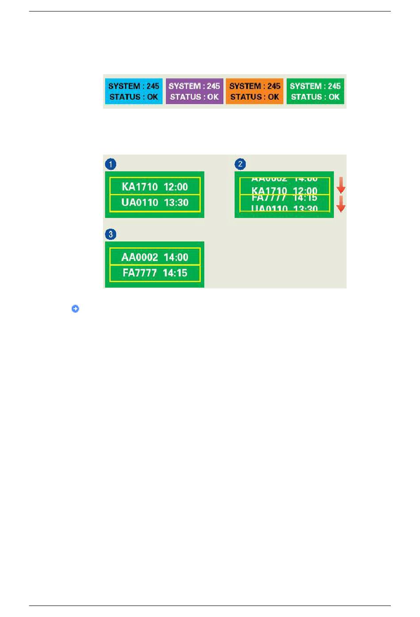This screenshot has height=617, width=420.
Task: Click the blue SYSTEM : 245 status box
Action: click(x=134, y=91)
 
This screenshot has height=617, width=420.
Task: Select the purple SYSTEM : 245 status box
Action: click(x=194, y=91)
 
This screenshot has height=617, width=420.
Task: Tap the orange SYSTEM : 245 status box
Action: click(x=255, y=91)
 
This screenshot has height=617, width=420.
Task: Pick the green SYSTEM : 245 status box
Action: click(x=315, y=91)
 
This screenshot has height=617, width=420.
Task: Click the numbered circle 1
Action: click(x=111, y=164)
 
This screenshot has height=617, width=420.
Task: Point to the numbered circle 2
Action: click(x=240, y=164)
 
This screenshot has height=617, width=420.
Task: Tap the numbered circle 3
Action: click(x=111, y=234)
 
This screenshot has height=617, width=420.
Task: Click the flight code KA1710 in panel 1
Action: click(x=140, y=187)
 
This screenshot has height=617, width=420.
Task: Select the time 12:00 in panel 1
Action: click(x=176, y=187)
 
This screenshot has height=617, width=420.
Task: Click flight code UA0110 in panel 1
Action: click(x=140, y=203)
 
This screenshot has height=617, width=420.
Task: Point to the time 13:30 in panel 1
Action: click(x=176, y=203)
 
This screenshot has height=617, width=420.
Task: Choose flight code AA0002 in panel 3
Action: click(x=139, y=257)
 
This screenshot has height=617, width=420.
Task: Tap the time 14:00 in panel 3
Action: click(x=176, y=257)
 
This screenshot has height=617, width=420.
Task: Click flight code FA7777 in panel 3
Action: click(x=140, y=273)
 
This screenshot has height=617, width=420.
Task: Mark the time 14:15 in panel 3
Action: click(x=175, y=273)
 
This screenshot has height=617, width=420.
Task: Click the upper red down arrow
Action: click(x=341, y=185)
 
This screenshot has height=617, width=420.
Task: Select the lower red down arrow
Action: click(x=341, y=204)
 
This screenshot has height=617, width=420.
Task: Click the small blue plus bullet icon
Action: click(x=75, y=309)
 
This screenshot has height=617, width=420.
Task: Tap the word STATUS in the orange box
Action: click(x=246, y=97)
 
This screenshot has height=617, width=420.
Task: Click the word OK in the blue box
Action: click(x=153, y=97)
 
